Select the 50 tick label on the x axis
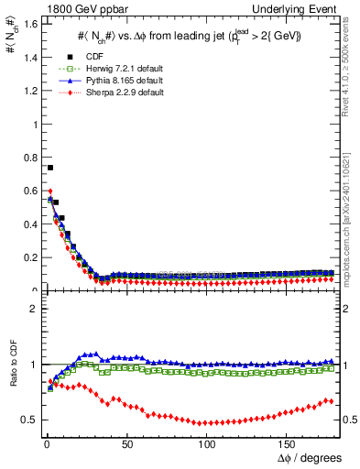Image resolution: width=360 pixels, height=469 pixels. (x=126, y=443)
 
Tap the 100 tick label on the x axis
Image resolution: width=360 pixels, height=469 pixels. (x=207, y=443)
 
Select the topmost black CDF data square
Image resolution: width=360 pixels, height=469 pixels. (x=49, y=168)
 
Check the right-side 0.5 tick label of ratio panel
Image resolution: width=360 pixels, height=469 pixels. (x=349, y=420)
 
